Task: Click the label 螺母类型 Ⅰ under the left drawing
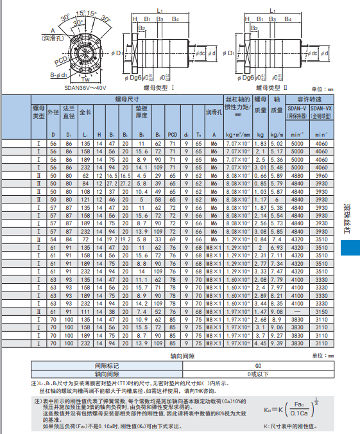click(x=160, y=86)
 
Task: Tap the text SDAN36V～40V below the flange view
click(x=85, y=89)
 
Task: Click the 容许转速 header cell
click(x=308, y=100)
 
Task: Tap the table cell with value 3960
click(x=321, y=175)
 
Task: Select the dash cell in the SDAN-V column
click(x=296, y=312)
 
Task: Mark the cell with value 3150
click(x=321, y=312)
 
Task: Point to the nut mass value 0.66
click(x=261, y=175)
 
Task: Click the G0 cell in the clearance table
click(x=259, y=365)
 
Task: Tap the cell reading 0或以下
click(x=259, y=373)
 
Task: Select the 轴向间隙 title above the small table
click(x=182, y=356)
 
